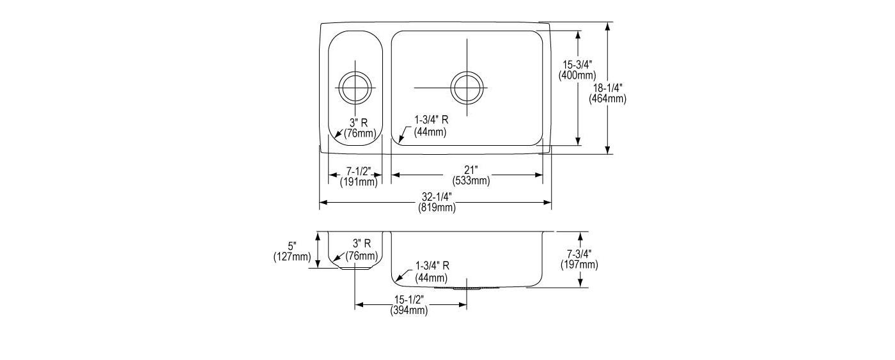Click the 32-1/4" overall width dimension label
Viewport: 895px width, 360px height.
(x=437, y=197)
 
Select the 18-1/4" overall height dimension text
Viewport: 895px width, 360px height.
(x=608, y=88)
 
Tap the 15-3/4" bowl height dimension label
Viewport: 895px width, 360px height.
(x=577, y=65)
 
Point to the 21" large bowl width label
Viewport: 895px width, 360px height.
(x=471, y=171)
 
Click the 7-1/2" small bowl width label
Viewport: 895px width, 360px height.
(x=359, y=172)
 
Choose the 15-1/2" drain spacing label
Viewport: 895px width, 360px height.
(x=409, y=300)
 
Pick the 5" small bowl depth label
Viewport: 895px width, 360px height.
(x=292, y=247)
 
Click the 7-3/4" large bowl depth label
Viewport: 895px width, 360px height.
(x=579, y=254)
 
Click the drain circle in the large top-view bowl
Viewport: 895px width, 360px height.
(x=467, y=88)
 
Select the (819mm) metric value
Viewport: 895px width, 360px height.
(x=437, y=208)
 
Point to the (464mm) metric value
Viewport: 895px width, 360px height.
(x=608, y=99)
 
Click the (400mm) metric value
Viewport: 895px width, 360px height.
(x=577, y=75)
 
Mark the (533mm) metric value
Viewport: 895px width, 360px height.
(x=471, y=181)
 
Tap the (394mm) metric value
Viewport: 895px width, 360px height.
(x=409, y=311)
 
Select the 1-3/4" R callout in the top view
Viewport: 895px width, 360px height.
(x=431, y=120)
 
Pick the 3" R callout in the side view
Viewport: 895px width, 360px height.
(x=362, y=244)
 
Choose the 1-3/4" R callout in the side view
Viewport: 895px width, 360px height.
(x=432, y=266)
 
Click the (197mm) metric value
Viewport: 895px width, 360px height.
(x=579, y=265)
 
